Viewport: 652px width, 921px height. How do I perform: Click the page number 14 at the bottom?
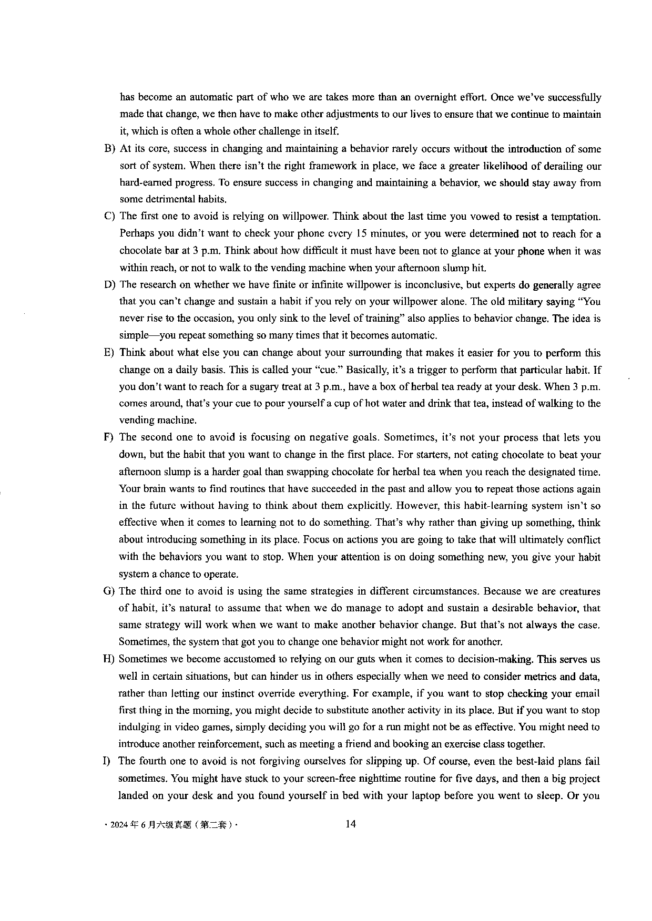(x=351, y=824)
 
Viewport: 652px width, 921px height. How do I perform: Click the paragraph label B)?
(x=109, y=149)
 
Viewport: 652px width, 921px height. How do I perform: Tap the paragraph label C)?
(x=109, y=216)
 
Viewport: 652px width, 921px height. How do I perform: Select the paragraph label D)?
(x=109, y=284)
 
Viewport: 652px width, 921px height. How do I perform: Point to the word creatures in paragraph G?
(x=579, y=591)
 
